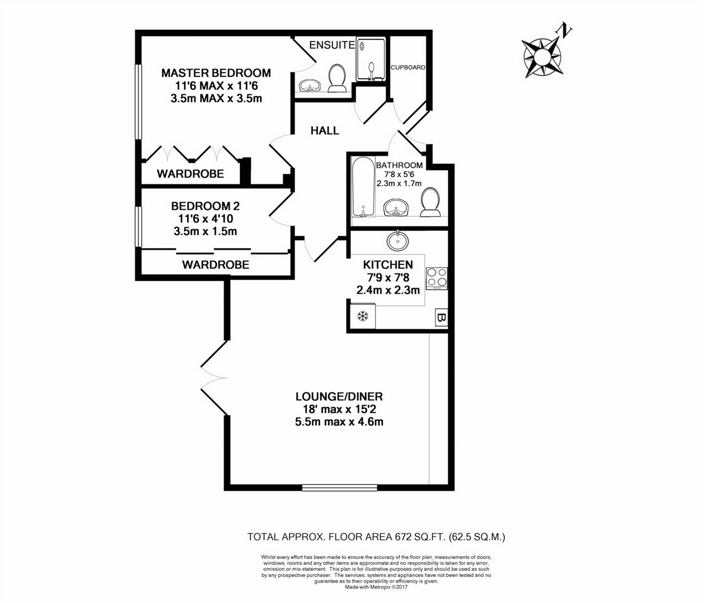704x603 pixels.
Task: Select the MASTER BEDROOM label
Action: click(x=216, y=73)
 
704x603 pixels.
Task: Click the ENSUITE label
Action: click(x=332, y=45)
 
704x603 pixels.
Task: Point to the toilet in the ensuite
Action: click(x=337, y=79)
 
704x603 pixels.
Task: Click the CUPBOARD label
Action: click(x=408, y=67)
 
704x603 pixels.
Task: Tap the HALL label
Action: click(x=325, y=130)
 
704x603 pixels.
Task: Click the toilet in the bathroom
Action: click(x=430, y=202)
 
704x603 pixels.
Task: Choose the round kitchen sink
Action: click(x=397, y=240)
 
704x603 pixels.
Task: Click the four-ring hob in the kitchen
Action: click(x=436, y=279)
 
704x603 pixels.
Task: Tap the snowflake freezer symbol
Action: click(x=362, y=316)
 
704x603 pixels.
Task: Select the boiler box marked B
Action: click(x=441, y=317)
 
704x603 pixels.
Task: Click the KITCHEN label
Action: click(x=388, y=265)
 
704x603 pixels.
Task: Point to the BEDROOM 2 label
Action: click(x=205, y=206)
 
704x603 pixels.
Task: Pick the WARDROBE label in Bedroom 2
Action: click(x=215, y=265)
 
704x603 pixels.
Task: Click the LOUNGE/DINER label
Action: click(x=339, y=396)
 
